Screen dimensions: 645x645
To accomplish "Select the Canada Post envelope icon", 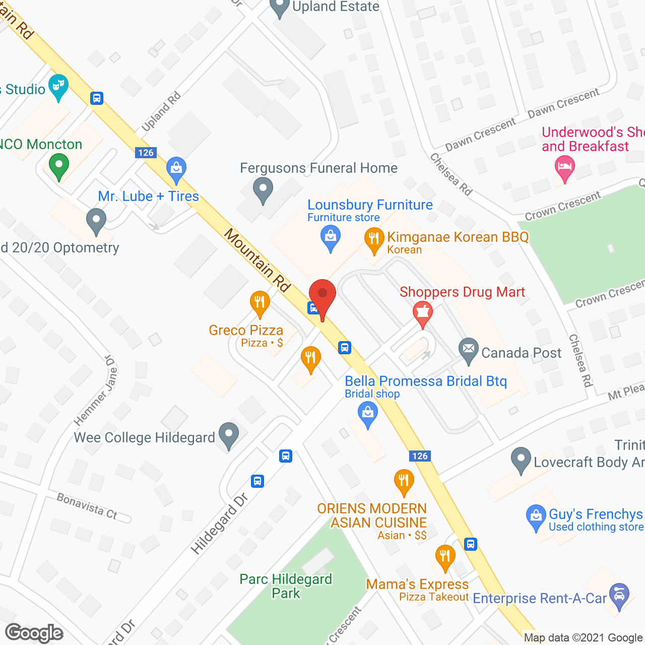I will pos(469,350).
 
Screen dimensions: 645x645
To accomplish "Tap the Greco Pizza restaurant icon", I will pos(260,303).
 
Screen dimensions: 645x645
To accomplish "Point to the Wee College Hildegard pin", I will pos(229,434).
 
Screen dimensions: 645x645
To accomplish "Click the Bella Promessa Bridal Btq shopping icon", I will pos(368,415).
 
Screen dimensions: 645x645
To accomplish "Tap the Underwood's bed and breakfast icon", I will pos(564,167).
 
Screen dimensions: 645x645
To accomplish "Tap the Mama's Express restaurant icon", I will pos(445,557).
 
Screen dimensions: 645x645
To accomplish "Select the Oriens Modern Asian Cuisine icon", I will pos(404,481).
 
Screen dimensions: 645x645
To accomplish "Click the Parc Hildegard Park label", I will pos(286,586).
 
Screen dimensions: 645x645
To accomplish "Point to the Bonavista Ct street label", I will pos(87,506).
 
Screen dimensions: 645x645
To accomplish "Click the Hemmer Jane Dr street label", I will pos(96,390).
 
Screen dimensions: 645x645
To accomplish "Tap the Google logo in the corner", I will pos(34,633).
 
